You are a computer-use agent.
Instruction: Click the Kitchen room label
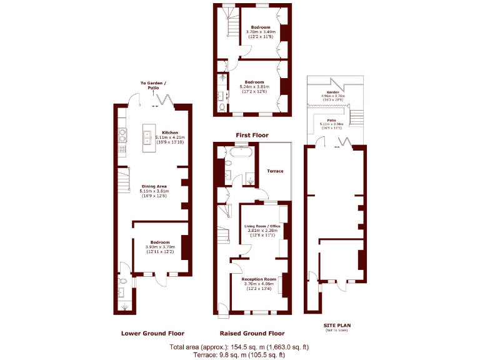(x=170, y=133)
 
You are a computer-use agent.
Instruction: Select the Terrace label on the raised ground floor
(x=275, y=171)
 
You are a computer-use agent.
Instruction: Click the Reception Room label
(x=259, y=279)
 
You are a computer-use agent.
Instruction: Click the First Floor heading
(x=252, y=135)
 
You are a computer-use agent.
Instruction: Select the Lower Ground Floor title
(x=152, y=333)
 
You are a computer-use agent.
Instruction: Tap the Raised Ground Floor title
(x=252, y=333)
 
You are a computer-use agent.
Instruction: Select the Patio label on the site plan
(x=332, y=120)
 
